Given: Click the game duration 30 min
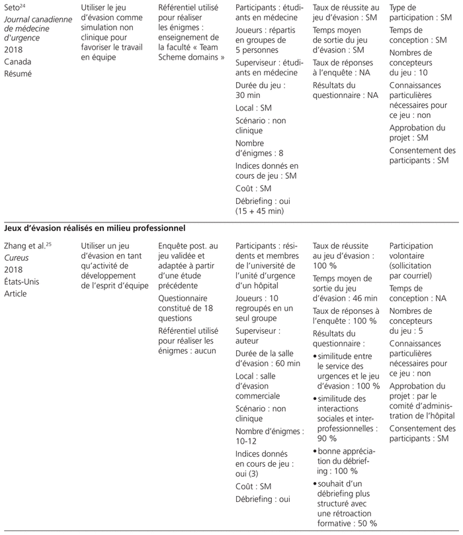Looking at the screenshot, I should (250, 95).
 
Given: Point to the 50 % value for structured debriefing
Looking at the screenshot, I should (363, 523).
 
